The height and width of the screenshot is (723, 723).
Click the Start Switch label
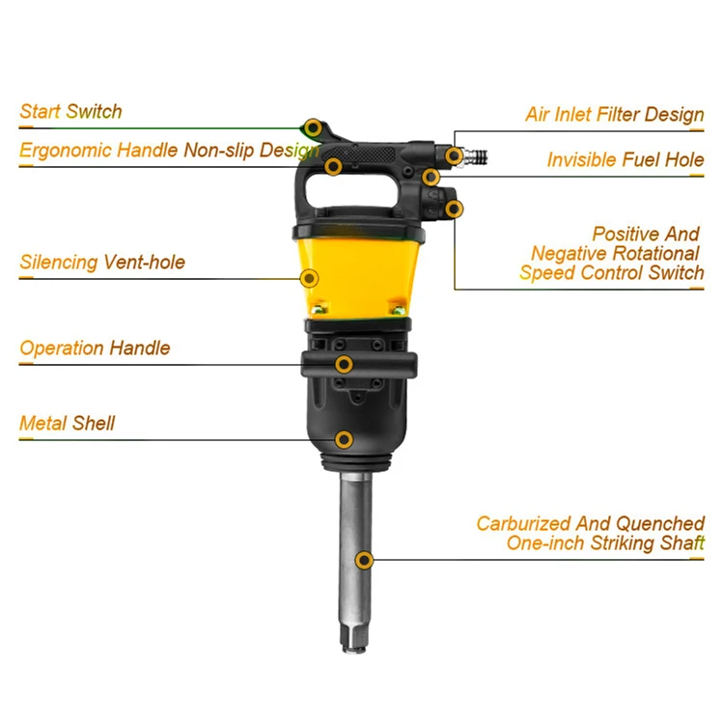click(70, 111)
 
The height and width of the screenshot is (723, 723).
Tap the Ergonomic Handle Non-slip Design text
click(169, 151)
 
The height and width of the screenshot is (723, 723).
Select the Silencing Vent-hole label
click(102, 262)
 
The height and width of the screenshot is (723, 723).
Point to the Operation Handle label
click(95, 348)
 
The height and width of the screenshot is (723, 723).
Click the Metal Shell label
click(67, 423)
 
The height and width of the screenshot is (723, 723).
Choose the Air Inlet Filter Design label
click(614, 115)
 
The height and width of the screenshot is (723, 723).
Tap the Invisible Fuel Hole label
click(625, 159)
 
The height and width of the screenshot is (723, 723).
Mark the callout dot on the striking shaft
click(364, 560)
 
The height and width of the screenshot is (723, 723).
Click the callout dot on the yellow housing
click(309, 278)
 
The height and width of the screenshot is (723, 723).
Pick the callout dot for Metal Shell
click(344, 439)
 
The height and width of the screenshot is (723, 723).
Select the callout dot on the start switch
click(312, 126)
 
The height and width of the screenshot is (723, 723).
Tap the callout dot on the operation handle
click(344, 364)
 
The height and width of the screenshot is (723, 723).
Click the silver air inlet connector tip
click(477, 154)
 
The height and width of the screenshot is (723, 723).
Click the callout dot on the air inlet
click(453, 154)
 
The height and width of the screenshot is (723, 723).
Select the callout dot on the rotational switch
click(453, 208)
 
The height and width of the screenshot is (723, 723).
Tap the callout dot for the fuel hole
click(431, 177)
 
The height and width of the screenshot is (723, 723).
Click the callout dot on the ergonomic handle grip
click(333, 166)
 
